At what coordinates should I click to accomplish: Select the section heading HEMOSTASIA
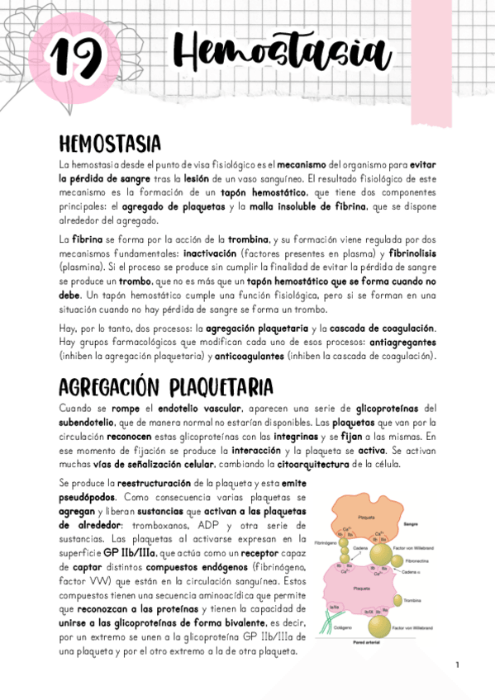pos(109,145)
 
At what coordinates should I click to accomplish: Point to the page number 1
pos(456,665)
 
